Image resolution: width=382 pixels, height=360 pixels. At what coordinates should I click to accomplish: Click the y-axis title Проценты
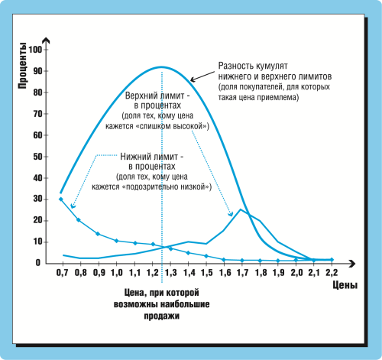pyautogui.click(x=22, y=66)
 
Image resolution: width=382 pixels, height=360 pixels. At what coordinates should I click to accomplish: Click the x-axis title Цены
pyautogui.click(x=345, y=285)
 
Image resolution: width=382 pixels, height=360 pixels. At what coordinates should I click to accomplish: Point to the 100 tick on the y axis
pyautogui.click(x=35, y=50)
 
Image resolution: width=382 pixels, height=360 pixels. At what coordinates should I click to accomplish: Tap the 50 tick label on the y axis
pyautogui.click(x=37, y=157)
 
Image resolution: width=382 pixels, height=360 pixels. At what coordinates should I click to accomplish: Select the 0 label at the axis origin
pyautogui.click(x=38, y=263)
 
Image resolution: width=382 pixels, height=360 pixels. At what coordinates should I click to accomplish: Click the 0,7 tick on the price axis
pyautogui.click(x=63, y=273)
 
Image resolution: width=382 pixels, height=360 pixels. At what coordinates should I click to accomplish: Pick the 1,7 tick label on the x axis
pyautogui.click(x=242, y=273)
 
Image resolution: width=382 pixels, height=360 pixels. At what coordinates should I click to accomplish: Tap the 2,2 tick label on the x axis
pyautogui.click(x=332, y=273)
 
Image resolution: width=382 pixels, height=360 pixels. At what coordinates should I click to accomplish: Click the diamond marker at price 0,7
pyautogui.click(x=61, y=199)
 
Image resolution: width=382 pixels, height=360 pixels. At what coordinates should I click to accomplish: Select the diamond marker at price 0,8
pyautogui.click(x=79, y=220)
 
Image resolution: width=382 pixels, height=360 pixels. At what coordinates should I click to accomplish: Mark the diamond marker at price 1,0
pyautogui.click(x=116, y=241)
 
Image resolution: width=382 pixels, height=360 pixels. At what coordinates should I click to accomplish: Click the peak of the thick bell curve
pyautogui.click(x=161, y=67)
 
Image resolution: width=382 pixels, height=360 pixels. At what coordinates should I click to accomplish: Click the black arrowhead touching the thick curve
pyautogui.click(x=193, y=79)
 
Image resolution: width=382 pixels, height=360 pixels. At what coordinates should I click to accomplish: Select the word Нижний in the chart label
pyautogui.click(x=135, y=156)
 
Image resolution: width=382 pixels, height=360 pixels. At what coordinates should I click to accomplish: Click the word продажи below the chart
pyautogui.click(x=162, y=316)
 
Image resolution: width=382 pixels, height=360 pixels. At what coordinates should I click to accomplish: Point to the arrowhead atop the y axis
pyautogui.click(x=46, y=41)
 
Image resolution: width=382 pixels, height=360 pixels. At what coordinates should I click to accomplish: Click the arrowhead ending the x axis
pyautogui.click(x=352, y=264)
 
